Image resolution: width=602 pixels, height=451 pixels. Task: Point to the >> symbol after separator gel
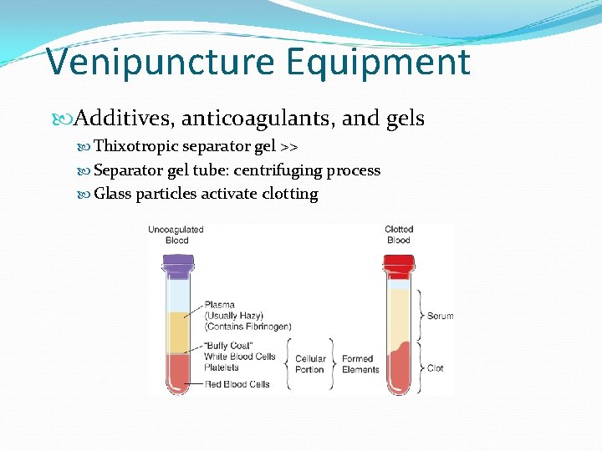[289, 147]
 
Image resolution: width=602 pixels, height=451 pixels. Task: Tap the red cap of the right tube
[398, 265]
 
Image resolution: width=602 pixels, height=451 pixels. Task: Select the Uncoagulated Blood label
[176, 235]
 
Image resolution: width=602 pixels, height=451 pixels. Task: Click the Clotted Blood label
[399, 235]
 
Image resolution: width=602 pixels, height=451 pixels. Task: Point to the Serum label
[440, 316]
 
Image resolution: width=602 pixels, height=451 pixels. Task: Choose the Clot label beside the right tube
[435, 367]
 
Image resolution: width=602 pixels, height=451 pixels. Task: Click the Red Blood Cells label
[237, 384]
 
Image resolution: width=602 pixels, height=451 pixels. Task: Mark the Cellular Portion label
[310, 364]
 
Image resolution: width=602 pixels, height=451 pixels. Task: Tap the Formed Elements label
[360, 364]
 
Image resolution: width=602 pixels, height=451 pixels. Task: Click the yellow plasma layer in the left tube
[177, 332]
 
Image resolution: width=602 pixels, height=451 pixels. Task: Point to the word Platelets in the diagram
[222, 367]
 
